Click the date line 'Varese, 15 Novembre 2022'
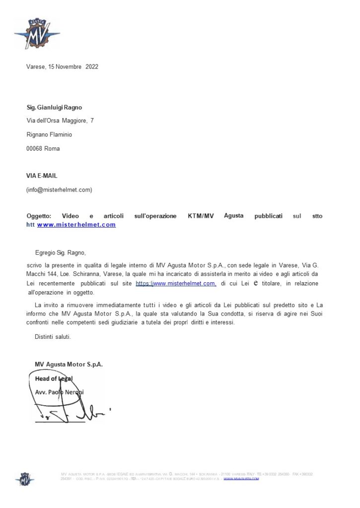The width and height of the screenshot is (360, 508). click(x=62, y=67)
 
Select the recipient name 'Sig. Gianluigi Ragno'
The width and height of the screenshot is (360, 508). click(x=54, y=107)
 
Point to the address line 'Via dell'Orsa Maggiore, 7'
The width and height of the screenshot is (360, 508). click(x=60, y=121)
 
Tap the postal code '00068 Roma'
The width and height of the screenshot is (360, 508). click(x=43, y=148)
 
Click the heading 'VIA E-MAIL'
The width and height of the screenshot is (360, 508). click(x=42, y=176)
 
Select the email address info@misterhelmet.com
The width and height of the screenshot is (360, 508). click(x=59, y=189)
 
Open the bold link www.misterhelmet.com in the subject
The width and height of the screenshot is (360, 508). click(x=76, y=225)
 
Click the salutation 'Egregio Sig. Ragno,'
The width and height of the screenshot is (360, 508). click(x=64, y=253)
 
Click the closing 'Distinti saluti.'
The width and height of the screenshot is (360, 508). click(x=53, y=337)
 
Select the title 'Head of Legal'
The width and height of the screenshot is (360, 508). click(x=54, y=379)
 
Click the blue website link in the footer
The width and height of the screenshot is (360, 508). click(x=241, y=478)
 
